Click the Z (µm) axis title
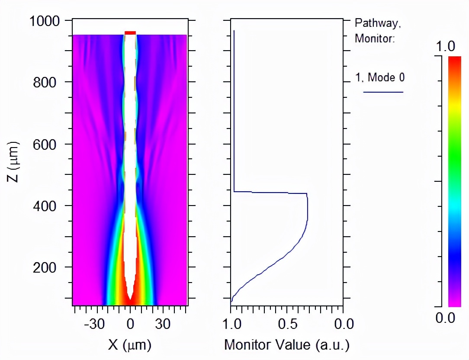point(14,160)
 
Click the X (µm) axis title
point(130,344)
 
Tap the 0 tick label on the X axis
point(130,325)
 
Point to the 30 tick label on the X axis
point(163,325)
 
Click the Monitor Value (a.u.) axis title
point(286,345)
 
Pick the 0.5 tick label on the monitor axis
point(287,324)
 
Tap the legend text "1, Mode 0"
point(380,77)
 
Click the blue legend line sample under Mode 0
point(383,92)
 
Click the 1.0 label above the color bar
point(445,47)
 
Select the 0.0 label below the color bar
point(445,318)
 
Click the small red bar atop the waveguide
point(130,32)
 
